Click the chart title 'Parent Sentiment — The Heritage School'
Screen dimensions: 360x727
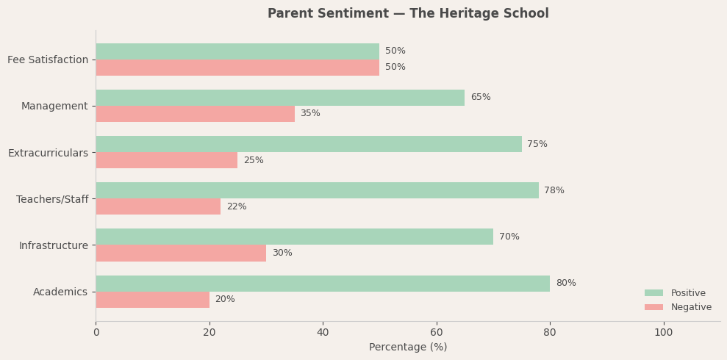pos(408,14)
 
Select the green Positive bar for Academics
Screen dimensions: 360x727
pos(323,284)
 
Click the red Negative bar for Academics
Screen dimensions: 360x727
pos(153,300)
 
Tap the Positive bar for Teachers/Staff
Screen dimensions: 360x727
pos(317,190)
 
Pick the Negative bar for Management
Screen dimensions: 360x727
pos(196,114)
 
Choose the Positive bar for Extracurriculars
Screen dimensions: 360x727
pos(309,144)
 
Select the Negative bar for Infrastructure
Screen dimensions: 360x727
pos(181,253)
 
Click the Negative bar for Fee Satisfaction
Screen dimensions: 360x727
pos(237,68)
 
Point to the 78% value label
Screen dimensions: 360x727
pos(554,191)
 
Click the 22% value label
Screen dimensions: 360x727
pos(237,207)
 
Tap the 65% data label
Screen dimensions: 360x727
pos(481,98)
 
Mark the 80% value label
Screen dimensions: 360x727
pos(566,284)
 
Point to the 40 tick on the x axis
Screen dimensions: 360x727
pos(323,333)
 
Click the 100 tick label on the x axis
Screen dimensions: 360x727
pos(664,333)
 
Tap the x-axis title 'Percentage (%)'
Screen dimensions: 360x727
pos(408,348)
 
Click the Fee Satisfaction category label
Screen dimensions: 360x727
pos(48,60)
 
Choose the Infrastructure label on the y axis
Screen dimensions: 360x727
pos(54,245)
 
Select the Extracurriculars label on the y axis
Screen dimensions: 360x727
pos(48,153)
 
